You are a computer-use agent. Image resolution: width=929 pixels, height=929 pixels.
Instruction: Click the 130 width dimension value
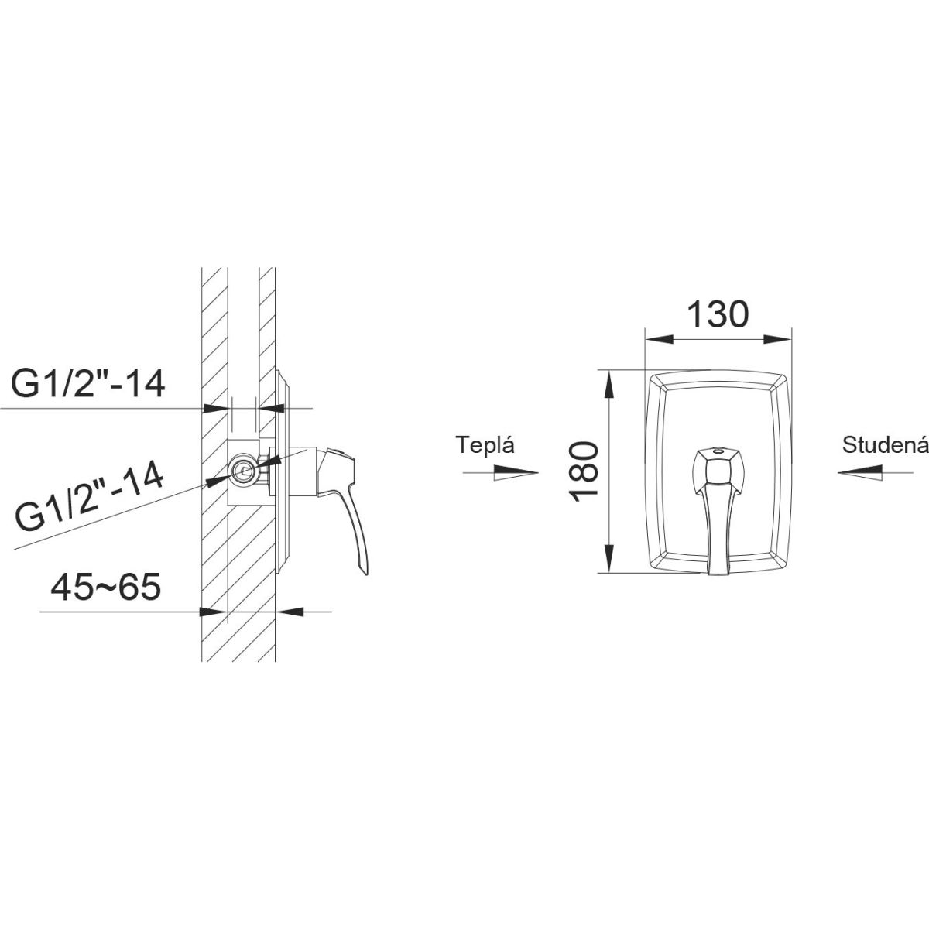pos(718,314)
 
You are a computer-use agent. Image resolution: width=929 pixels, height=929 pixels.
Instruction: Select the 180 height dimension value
pos(584,471)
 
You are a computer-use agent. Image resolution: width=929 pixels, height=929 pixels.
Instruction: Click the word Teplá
pos(485,444)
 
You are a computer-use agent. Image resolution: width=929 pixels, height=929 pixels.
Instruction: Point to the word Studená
pos(885,445)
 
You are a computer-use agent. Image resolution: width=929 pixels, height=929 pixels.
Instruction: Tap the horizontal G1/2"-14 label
pos(88,384)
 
